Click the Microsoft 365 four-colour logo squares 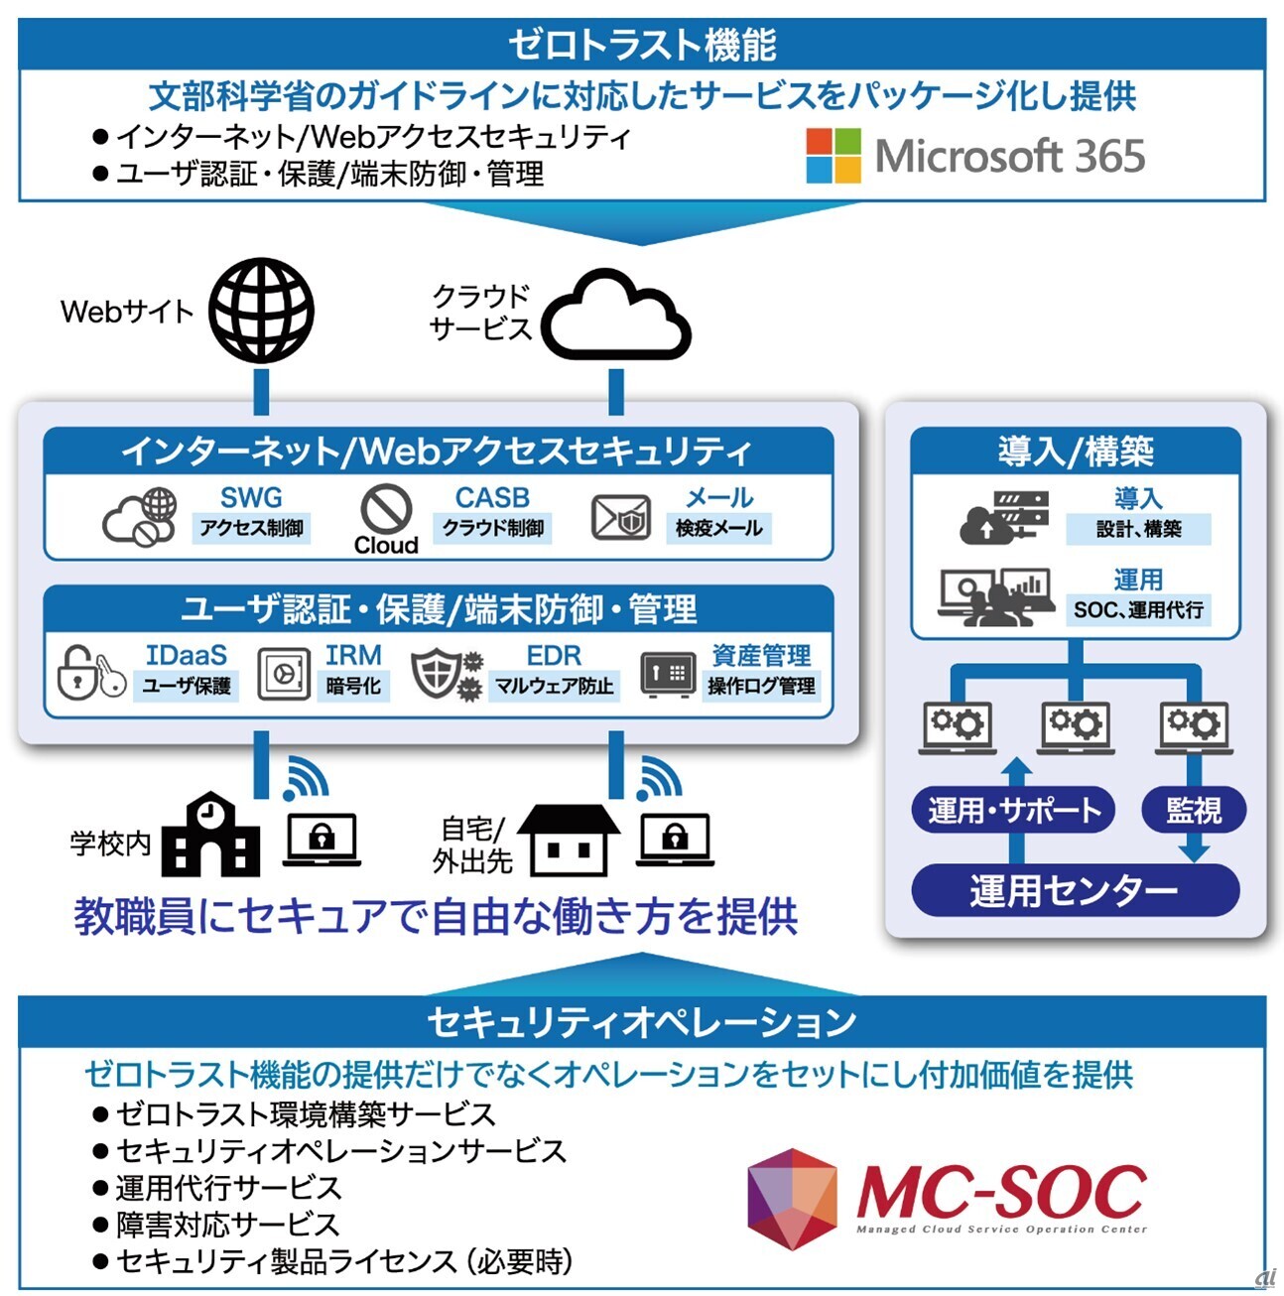(x=834, y=156)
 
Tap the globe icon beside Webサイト (x=261, y=311)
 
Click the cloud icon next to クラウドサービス (x=616, y=315)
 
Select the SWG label (x=251, y=498)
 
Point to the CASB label (x=492, y=498)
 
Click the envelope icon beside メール (x=621, y=517)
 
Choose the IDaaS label (x=187, y=655)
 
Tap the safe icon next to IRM (x=284, y=674)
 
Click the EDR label (x=554, y=655)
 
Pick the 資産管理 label (x=761, y=655)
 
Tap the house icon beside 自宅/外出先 (x=569, y=841)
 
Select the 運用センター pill (x=1075, y=890)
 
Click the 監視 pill (x=1194, y=810)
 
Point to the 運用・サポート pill (x=1013, y=810)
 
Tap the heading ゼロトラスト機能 (x=642, y=45)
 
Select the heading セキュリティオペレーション (x=642, y=1021)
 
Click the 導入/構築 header (x=1076, y=451)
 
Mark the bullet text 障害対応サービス (x=227, y=1224)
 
